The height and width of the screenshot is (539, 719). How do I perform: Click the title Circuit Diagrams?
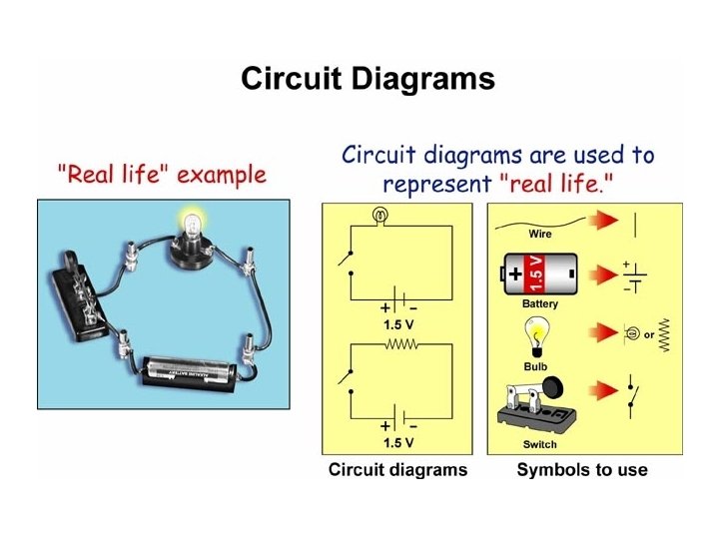[367, 80]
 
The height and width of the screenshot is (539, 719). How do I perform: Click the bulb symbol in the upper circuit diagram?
[378, 214]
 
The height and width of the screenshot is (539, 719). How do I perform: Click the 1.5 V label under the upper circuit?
[398, 324]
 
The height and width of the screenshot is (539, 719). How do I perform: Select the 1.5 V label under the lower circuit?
[398, 442]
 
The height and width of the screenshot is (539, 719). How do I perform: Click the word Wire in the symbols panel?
[540, 234]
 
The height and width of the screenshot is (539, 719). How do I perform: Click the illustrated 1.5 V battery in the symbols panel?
[540, 270]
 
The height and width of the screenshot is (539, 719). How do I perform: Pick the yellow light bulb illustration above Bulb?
[540, 335]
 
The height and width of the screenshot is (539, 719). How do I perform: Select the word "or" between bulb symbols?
[649, 335]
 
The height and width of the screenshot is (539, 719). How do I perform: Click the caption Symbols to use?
[581, 470]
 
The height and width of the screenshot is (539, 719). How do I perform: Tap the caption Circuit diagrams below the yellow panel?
[397, 470]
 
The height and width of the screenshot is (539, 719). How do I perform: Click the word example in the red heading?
[223, 177]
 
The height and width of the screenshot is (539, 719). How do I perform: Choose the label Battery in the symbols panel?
[540, 303]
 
